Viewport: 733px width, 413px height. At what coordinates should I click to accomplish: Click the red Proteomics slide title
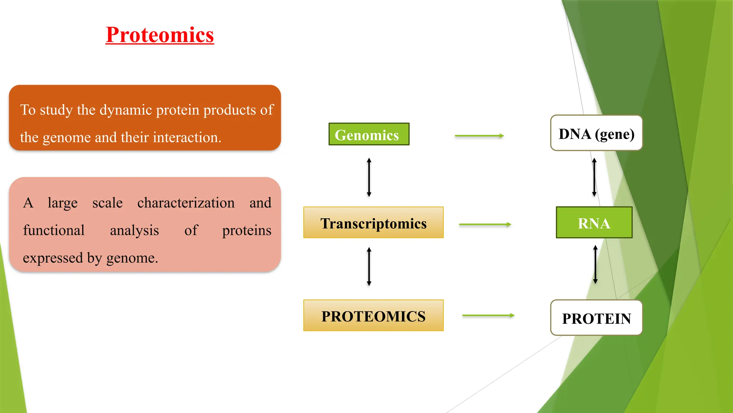160,35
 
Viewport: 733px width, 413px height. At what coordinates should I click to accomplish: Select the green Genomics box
369,134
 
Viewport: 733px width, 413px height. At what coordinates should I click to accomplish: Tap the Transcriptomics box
373,223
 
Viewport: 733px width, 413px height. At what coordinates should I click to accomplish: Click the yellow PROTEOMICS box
373,315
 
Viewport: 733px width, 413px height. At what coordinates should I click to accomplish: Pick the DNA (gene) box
596,133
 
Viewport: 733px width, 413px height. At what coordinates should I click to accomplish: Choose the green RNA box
594,223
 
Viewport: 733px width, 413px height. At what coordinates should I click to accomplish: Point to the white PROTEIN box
596,318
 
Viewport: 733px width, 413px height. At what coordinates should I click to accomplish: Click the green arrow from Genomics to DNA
479,136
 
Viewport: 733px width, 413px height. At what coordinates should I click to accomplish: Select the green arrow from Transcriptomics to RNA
485,225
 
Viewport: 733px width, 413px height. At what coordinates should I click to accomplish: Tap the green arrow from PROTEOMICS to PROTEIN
488,315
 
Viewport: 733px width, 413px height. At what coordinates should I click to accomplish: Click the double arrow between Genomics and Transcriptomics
369,177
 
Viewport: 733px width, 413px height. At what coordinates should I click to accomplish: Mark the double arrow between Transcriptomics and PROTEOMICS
369,266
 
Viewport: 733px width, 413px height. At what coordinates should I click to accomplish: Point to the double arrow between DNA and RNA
594,177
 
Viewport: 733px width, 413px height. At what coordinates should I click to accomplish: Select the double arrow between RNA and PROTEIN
595,265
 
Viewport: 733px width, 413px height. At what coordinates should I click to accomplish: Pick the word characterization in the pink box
186,203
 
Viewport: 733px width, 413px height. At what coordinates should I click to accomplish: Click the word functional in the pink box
54,231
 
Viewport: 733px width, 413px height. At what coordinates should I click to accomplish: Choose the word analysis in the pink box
134,231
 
